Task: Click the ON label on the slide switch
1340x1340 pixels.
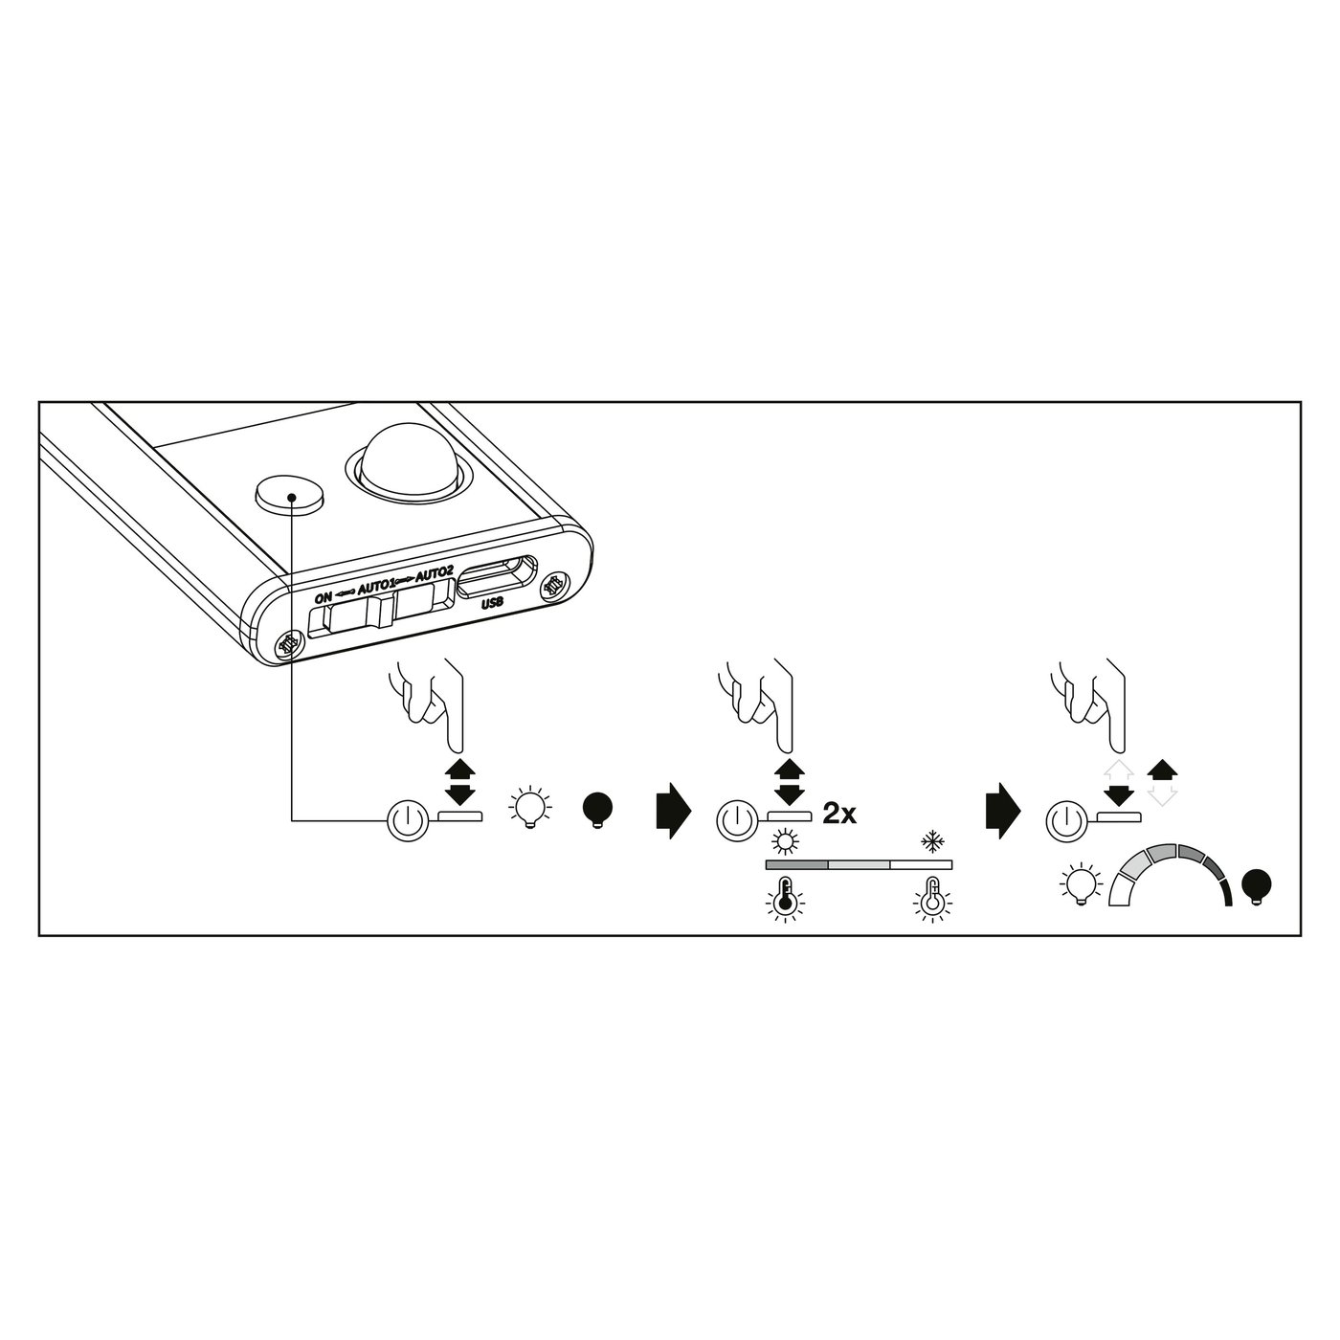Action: tap(324, 598)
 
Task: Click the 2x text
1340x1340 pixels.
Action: tap(839, 815)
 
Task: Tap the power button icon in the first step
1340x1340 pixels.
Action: tap(406, 818)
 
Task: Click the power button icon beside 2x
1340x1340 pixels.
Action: tap(734, 818)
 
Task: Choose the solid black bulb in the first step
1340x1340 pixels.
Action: tap(598, 810)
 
